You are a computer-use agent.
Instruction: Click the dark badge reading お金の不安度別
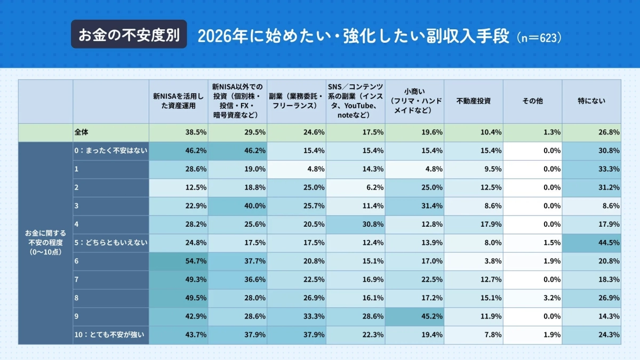point(129,35)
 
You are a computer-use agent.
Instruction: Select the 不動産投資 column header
point(474,101)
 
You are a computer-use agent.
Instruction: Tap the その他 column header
point(532,101)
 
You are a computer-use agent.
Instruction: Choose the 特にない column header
point(591,101)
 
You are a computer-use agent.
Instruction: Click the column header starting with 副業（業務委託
point(296,101)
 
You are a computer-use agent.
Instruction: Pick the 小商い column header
point(414,101)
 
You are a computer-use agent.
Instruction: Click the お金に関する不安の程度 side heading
point(45,243)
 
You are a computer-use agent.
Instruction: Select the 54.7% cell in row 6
point(178,261)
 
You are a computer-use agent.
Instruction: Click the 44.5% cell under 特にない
point(591,243)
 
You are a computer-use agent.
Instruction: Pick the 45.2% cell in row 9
point(414,316)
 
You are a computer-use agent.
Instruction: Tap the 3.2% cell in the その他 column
point(532,298)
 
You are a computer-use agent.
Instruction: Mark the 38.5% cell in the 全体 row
point(178,132)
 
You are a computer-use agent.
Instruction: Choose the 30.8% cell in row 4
point(355,225)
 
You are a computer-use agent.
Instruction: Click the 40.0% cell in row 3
point(237,206)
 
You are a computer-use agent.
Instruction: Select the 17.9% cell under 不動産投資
point(474,225)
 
